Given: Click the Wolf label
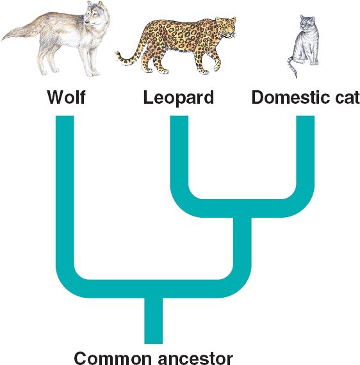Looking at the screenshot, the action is click(x=67, y=97).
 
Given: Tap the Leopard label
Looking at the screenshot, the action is click(x=178, y=98).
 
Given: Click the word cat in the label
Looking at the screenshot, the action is click(x=347, y=98).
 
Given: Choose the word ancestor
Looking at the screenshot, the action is click(x=195, y=359).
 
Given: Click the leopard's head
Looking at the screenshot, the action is click(x=226, y=26).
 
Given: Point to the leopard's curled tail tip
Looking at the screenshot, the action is click(x=119, y=56).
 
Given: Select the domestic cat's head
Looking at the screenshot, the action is click(x=307, y=23).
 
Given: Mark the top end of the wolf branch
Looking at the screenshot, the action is click(x=65, y=116).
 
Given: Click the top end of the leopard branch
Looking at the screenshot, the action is click(x=179, y=116).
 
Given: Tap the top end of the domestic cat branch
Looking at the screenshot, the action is click(x=306, y=116).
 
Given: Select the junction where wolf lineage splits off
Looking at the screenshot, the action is click(x=154, y=289).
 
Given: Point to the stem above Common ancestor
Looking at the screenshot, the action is click(x=154, y=321).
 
